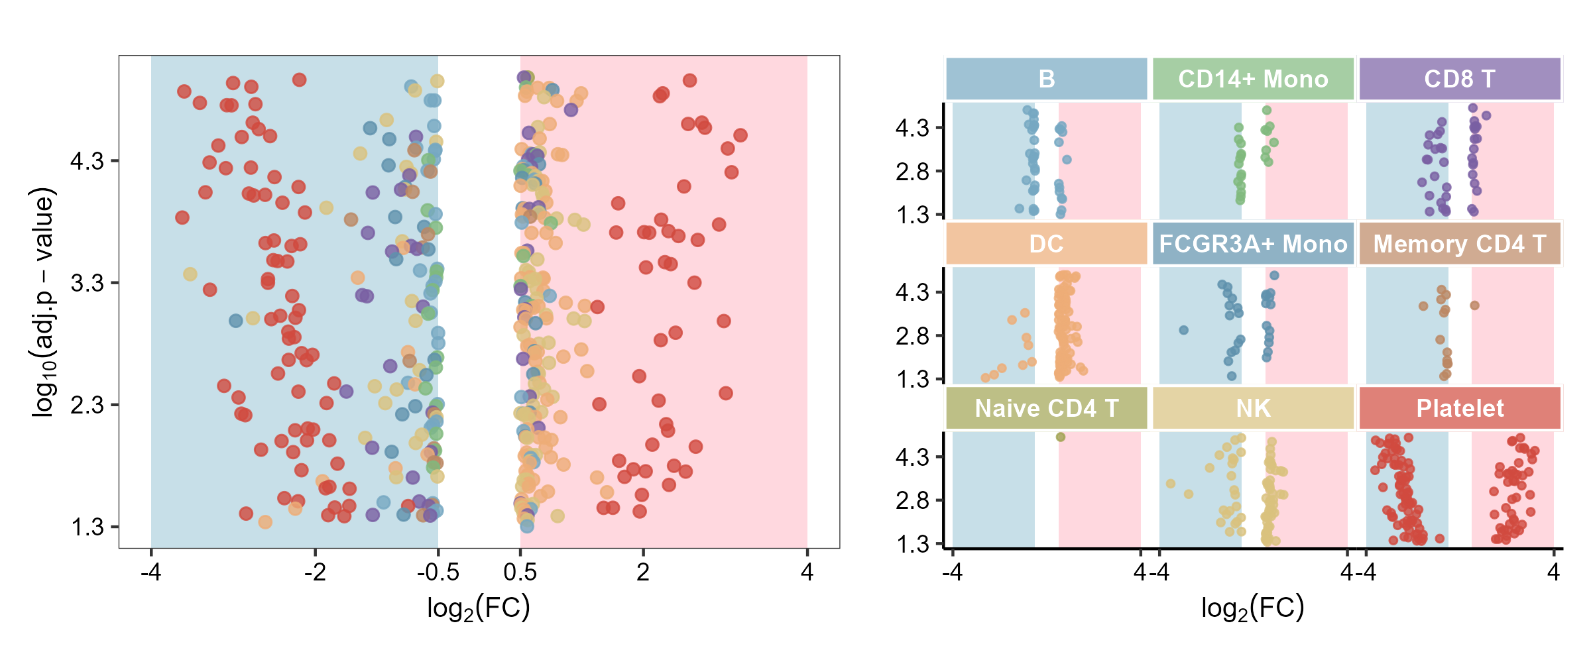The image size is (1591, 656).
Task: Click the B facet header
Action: [1046, 79]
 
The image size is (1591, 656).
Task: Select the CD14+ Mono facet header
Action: [1253, 79]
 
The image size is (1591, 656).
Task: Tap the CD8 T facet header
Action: [1460, 79]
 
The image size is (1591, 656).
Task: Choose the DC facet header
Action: [1046, 244]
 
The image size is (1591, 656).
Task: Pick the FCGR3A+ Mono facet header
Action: [1253, 244]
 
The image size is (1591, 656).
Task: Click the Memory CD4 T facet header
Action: [1460, 244]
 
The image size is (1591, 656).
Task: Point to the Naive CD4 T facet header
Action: [1046, 408]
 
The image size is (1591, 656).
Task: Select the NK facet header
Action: [1253, 408]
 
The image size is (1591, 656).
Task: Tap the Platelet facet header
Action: [1460, 408]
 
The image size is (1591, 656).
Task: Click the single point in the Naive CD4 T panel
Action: [1061, 437]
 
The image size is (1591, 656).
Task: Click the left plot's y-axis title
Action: [44, 302]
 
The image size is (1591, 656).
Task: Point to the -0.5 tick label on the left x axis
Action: [438, 572]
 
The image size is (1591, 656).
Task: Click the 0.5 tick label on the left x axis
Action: [520, 572]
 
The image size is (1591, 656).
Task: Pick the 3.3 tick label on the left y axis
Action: [88, 283]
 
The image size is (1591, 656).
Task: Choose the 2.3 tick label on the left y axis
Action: [88, 405]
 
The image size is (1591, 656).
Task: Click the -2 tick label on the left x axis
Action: [315, 572]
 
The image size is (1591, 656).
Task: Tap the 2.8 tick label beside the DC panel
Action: [913, 336]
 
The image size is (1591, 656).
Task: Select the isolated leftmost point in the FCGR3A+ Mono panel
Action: [1183, 330]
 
